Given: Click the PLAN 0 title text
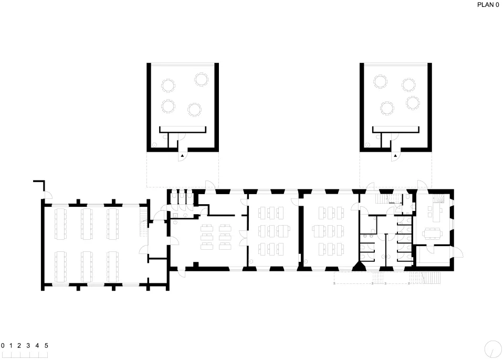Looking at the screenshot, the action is pos(488,5).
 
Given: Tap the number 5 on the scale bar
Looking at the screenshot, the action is pos(46,345).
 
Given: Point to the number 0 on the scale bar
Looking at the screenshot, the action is pos(3,345).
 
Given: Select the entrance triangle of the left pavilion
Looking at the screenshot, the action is pos(182,155).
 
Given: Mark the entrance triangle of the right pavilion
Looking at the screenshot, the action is pos(395,155).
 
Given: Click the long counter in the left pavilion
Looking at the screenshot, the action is pos(183,129).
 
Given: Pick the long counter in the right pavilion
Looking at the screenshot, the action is pos(396,129).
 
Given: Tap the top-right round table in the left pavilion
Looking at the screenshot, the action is pos(202,79).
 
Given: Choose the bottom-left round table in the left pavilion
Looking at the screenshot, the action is pos(168,106).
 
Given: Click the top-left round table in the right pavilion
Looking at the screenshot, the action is pos(380,81).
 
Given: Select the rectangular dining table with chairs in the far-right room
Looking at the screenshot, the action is pos(432,234).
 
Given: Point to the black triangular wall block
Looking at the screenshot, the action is pos(359,266).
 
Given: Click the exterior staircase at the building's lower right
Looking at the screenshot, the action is pos(430,278).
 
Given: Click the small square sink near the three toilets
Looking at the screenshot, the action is pos(175,215).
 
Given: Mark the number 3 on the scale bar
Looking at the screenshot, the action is pos(28,345).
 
